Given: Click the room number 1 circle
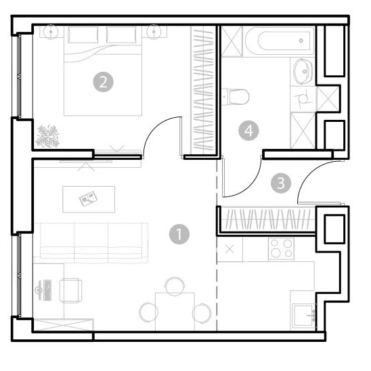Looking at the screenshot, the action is point(179,234).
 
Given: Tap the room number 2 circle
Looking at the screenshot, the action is point(103,82).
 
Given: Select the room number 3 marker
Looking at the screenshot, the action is point(281,183).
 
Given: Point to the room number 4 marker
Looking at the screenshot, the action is point(248,131).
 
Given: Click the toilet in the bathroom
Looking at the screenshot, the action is point(236,97).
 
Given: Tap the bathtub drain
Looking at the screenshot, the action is point(301,41).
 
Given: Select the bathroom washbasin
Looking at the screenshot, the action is point(303,71).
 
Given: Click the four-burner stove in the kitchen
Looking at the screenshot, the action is point(282,249).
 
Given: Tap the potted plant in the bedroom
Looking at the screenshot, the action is point(47,137).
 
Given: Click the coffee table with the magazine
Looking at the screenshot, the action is point(89,199).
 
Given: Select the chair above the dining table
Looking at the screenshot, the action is point(175,286).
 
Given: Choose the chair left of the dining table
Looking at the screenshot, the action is point(148,312).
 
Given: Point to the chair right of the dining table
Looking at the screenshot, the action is point(202,313).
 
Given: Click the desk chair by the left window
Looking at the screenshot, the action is point(70,290).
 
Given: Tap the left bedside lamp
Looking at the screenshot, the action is point(51,31).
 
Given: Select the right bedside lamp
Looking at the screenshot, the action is point(154,31).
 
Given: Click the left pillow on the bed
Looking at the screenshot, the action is point(83,35).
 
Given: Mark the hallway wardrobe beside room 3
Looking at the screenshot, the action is point(268,219).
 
